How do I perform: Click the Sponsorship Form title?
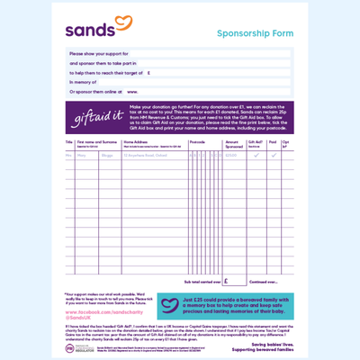[255, 34]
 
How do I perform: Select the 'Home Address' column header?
[137, 142]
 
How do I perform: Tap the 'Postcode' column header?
[198, 142]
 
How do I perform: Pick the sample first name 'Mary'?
[82, 155]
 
